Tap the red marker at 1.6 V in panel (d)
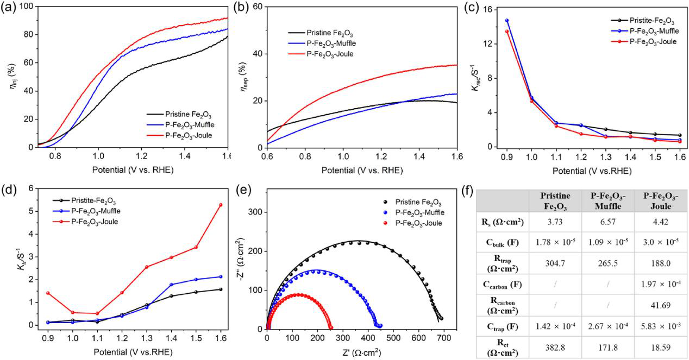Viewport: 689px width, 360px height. [x=220, y=205]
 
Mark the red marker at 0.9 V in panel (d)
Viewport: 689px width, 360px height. [x=48, y=293]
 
